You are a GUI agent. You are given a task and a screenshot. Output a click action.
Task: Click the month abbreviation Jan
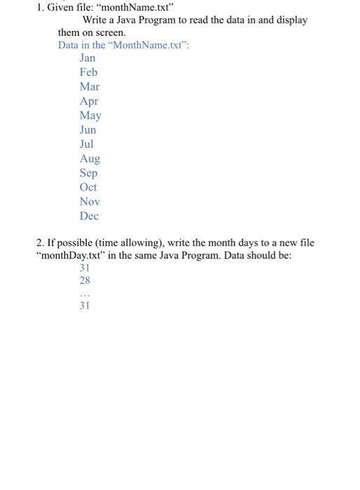[88, 58]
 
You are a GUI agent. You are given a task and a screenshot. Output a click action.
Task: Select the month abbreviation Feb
[88, 72]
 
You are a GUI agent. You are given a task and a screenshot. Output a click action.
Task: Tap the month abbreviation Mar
[90, 87]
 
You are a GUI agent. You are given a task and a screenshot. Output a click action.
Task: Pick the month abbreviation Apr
[89, 101]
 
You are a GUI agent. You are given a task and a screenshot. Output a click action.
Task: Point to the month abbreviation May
[90, 115]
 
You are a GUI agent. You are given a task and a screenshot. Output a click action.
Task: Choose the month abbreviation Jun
[88, 129]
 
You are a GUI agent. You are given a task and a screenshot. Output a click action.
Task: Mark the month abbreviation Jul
[87, 144]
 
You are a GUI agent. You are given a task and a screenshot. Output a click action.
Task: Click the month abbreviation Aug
[90, 159]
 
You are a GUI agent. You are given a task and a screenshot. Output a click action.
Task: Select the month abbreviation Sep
[88, 173]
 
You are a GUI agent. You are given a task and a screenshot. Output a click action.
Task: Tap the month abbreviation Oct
[88, 187]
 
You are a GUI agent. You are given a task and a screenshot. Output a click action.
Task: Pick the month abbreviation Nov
[89, 202]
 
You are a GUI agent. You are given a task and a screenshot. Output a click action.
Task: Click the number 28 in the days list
[85, 280]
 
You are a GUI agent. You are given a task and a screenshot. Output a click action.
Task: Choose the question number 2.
[40, 243]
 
